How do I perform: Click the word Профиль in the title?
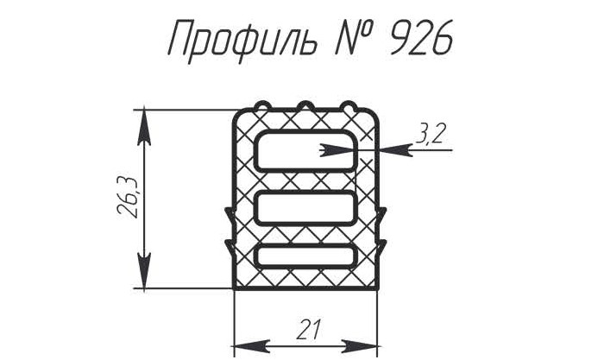click(x=242, y=39)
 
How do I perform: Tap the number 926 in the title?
click(x=420, y=38)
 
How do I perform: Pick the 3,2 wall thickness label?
click(x=431, y=133)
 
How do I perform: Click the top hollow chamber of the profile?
click(x=305, y=150)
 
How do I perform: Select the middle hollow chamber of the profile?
click(x=305, y=208)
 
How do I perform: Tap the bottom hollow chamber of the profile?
click(x=305, y=256)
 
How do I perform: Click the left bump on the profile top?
click(x=263, y=106)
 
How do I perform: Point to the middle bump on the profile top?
click(x=305, y=106)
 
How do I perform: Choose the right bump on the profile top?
click(x=349, y=106)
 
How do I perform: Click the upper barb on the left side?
click(x=230, y=217)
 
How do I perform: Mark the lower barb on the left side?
click(x=230, y=248)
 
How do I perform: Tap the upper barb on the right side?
click(x=381, y=217)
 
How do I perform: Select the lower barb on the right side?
click(x=381, y=248)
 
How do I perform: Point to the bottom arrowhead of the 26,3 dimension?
click(x=144, y=270)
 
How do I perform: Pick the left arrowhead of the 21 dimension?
click(x=252, y=345)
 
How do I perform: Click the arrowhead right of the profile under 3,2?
click(x=394, y=150)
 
